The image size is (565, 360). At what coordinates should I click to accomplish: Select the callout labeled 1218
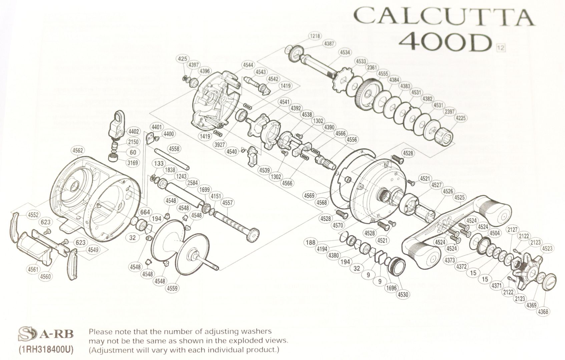tap(314, 36)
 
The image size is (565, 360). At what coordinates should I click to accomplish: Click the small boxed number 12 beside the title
tap(501, 48)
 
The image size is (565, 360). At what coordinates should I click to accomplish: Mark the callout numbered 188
tap(311, 243)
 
